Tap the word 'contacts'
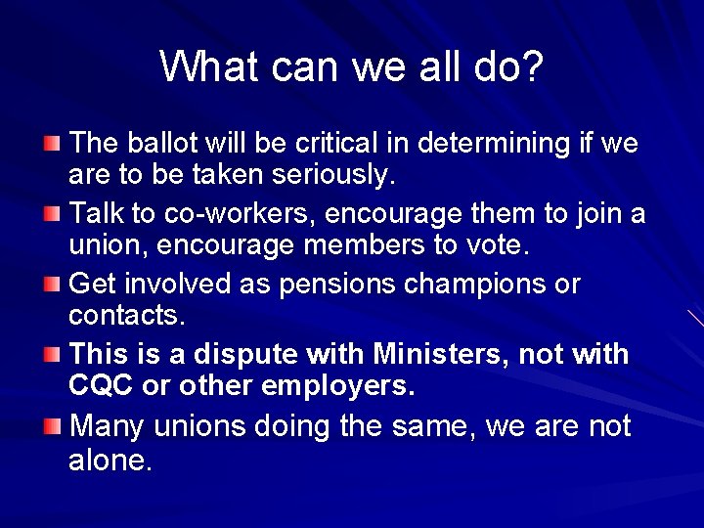127,315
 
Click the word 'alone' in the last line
110,460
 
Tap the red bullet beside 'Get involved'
52,285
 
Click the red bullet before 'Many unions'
52,427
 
